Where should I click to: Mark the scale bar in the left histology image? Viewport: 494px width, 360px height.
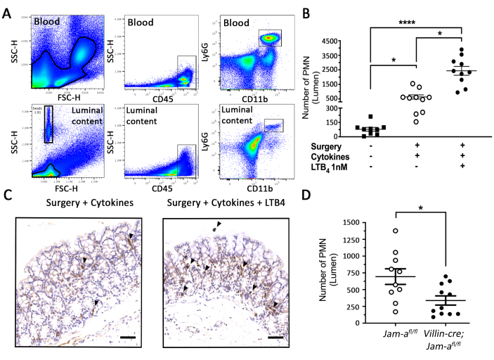[126, 337]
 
